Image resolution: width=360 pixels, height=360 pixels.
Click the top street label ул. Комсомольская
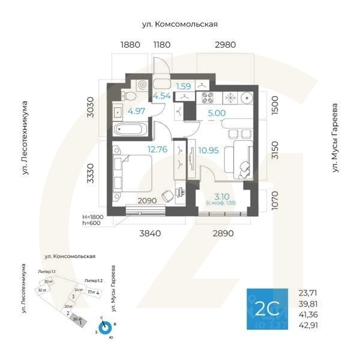coord(179,24)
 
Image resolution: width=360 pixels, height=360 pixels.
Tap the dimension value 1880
coord(130,45)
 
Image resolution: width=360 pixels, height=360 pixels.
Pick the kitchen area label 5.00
coord(217,112)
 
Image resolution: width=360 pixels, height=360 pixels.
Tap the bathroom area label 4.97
coord(137,111)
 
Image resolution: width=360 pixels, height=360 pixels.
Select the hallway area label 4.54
coord(163,96)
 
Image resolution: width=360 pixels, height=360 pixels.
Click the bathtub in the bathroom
coord(131,129)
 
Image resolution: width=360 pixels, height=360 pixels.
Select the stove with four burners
coord(209,97)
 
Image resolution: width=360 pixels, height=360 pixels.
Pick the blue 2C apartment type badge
coord(267,310)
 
